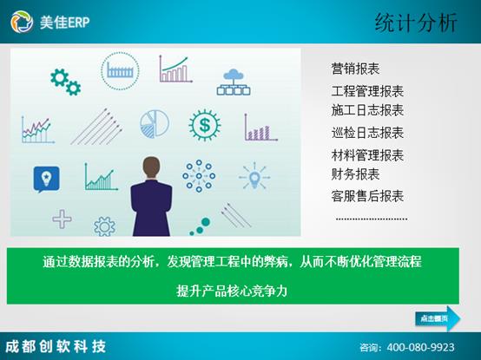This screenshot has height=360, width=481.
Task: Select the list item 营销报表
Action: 355,69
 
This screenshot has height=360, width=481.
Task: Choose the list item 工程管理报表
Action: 367,91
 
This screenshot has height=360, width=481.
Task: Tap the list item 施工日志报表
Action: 367,110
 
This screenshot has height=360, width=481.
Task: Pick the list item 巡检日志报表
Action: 367,133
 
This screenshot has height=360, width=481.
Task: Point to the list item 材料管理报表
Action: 367,155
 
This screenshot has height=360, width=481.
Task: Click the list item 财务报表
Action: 355,174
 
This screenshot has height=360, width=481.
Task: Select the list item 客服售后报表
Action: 367,196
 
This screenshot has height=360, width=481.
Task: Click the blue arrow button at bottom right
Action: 438,318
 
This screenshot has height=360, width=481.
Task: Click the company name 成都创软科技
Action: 56,346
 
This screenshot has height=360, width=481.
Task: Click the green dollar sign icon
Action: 205,127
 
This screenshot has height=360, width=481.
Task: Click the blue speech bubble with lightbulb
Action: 46,178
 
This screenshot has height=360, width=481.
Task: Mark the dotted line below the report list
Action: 371,219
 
